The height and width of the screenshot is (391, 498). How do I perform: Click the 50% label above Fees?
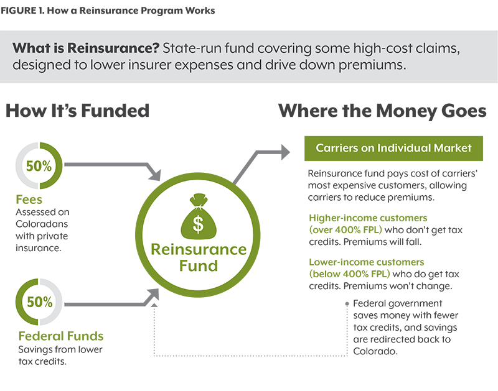(x=39, y=166)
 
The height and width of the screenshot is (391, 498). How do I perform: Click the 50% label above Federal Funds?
(x=40, y=302)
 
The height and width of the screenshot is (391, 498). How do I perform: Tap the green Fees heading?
(x=29, y=200)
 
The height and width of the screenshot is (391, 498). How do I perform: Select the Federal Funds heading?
(x=61, y=336)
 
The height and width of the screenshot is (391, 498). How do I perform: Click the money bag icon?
(x=199, y=216)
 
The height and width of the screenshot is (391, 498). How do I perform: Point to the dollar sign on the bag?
(x=198, y=224)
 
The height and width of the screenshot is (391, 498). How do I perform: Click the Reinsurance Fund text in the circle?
(x=199, y=257)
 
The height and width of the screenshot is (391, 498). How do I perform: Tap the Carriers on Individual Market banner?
(x=393, y=149)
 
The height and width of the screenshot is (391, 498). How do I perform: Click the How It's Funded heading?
(x=77, y=111)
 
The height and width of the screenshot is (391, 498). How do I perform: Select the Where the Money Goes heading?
(x=382, y=111)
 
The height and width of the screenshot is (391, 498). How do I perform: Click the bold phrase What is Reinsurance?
(x=86, y=48)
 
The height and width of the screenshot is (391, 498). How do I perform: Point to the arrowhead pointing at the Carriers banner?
(x=285, y=152)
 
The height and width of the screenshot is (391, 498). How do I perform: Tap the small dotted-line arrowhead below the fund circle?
(x=154, y=305)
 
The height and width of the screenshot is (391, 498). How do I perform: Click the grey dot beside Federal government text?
(x=347, y=304)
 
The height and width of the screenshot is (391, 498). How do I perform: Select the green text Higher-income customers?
(x=368, y=218)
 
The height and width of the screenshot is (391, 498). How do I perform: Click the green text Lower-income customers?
(x=367, y=262)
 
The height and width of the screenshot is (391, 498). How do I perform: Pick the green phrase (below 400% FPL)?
(x=349, y=274)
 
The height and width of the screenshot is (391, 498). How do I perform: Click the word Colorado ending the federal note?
(x=375, y=351)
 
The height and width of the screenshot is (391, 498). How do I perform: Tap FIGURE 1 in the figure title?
(x=23, y=11)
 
